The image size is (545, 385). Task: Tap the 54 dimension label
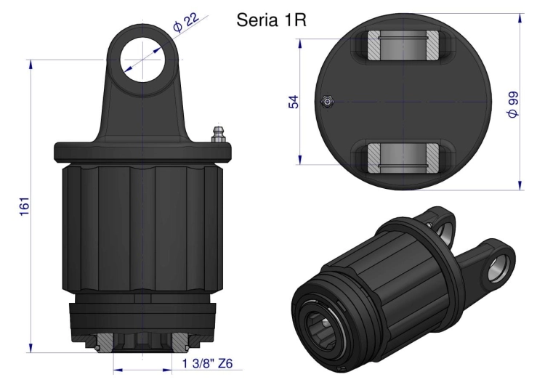click(294, 101)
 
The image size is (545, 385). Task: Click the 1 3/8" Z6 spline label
click(207, 363)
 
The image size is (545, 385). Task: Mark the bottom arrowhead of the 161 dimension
click(31, 347)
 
